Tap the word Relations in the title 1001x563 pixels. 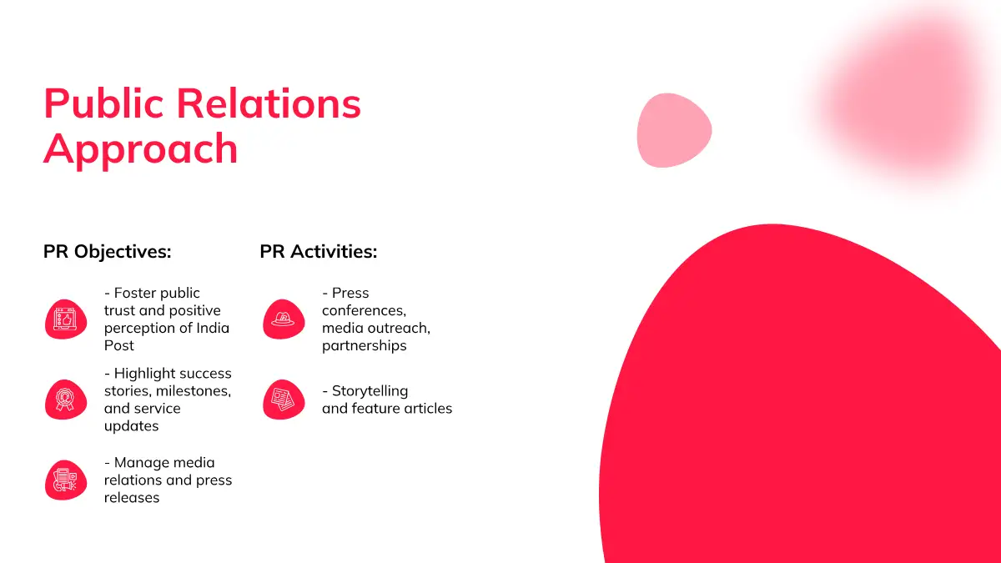269,103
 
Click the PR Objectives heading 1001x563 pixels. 108,252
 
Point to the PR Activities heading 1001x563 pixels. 319,252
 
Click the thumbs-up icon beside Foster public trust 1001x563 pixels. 66,319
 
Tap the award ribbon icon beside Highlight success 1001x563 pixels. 66,400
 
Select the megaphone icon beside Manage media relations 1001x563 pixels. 66,480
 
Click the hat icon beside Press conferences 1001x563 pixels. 284,319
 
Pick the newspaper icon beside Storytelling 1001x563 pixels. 284,400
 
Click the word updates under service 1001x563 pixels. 132,427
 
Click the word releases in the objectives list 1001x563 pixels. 132,498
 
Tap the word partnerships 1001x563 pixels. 365,346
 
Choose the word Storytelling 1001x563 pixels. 370,392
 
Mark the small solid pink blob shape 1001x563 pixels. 674,130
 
